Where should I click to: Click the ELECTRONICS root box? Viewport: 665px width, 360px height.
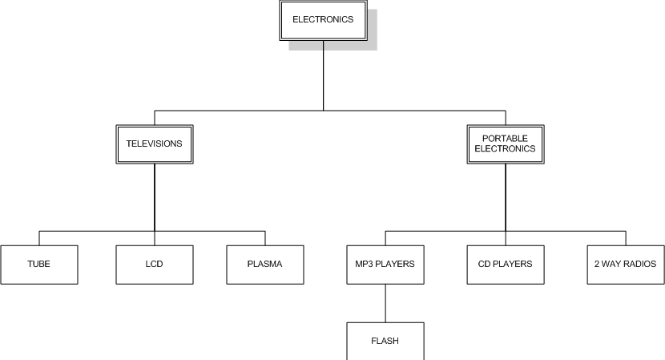322,20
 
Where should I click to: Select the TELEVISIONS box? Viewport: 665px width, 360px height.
154,144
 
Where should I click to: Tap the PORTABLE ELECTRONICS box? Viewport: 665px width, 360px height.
505,144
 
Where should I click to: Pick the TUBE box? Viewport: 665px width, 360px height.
38,265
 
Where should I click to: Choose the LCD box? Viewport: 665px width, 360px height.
154,265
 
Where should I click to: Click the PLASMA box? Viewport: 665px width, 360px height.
264,265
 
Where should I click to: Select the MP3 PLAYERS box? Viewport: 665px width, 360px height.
385,265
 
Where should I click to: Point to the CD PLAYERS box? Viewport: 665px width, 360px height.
505,265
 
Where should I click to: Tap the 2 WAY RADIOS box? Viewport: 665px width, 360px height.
626,265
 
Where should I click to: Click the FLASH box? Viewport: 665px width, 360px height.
385,342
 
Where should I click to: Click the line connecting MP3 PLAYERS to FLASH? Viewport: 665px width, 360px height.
385,303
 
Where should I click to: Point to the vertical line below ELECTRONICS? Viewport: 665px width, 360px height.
323,76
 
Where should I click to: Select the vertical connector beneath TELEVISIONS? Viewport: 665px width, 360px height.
155,196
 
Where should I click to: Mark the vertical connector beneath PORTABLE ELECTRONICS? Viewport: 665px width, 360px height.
506,196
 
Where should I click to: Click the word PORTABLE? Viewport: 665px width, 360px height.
505,139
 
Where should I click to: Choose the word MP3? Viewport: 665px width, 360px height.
365,265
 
